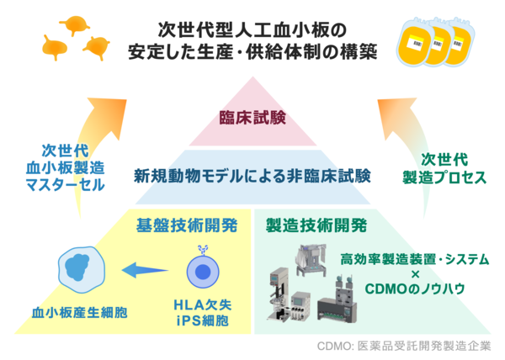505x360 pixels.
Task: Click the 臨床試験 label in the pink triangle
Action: (x=252, y=118)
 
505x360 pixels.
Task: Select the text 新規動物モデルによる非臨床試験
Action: (x=252, y=177)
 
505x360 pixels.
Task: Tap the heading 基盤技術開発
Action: (x=187, y=225)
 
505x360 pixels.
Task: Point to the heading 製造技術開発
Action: (x=316, y=225)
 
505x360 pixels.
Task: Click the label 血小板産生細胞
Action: (x=80, y=312)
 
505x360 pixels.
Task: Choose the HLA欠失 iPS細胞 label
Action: (x=203, y=312)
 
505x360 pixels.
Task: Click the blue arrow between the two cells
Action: (x=145, y=270)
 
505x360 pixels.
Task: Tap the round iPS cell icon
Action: (x=203, y=270)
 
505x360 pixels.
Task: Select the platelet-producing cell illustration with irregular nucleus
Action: (x=81, y=270)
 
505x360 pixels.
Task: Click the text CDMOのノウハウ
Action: (x=415, y=289)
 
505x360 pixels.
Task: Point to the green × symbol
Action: (x=416, y=274)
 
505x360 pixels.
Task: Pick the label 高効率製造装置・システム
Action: (x=415, y=259)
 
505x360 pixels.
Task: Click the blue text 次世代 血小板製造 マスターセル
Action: (x=66, y=167)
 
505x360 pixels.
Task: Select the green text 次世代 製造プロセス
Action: (x=444, y=168)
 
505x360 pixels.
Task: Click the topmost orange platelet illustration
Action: (x=75, y=24)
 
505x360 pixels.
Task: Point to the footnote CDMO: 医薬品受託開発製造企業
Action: (x=404, y=346)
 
